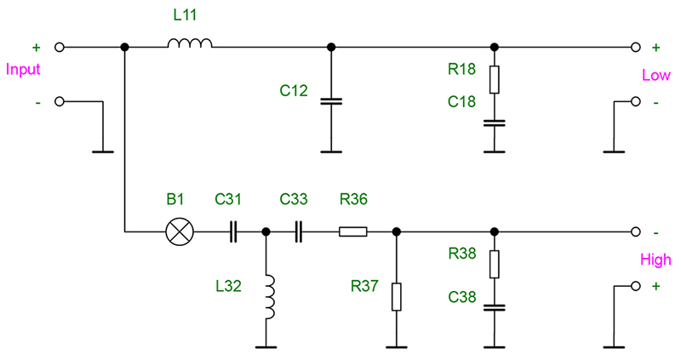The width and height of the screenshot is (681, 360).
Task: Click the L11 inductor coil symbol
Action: tap(190, 43)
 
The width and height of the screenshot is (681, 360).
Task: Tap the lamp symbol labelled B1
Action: tap(179, 231)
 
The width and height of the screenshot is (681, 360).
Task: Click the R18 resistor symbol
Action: tap(494, 80)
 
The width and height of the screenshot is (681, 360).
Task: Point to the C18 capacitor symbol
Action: tap(494, 123)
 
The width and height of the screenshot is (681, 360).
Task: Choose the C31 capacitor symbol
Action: tap(232, 231)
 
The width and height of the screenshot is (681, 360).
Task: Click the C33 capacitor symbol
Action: tap(298, 231)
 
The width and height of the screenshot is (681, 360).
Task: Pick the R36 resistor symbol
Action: tap(353, 231)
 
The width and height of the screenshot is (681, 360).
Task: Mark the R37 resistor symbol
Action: tap(396, 297)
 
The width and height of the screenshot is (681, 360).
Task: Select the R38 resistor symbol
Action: tap(494, 264)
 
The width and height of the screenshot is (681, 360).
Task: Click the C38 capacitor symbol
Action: tap(494, 308)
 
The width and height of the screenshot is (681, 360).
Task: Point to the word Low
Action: tap(655, 76)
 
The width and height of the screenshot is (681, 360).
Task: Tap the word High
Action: tap(655, 260)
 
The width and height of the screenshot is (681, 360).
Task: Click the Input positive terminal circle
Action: tap(60, 47)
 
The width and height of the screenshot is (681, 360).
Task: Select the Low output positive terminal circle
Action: tap(634, 47)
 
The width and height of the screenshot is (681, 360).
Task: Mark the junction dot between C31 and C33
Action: tap(266, 231)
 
